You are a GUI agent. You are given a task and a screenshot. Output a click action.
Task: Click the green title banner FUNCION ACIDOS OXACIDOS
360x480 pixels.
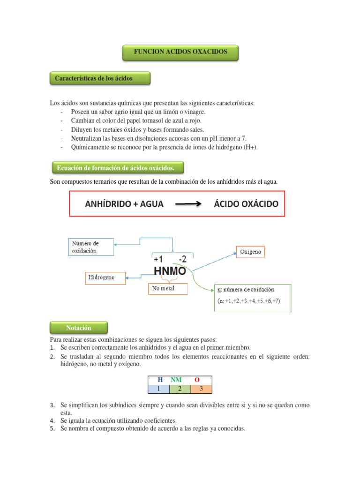180,52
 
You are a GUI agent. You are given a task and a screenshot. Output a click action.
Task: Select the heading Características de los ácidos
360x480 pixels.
100,78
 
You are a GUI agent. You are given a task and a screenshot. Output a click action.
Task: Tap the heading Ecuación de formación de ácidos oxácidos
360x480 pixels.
116,167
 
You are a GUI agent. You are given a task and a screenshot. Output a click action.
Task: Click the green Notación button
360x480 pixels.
78,328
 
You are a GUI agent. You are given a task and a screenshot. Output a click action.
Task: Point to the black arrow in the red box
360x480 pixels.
188,204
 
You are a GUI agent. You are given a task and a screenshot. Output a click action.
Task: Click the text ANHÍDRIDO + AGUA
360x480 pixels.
124,204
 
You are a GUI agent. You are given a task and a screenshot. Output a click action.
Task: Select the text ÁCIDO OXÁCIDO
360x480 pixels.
246,204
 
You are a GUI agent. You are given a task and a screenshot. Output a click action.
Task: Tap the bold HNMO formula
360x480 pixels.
170,271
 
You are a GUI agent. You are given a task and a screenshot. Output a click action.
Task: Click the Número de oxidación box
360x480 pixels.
91,247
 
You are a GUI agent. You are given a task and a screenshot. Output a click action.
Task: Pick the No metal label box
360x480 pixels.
167,289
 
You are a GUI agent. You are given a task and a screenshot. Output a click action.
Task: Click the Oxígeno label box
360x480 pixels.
251,252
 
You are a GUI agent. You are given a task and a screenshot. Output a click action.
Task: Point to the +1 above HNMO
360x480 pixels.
158,259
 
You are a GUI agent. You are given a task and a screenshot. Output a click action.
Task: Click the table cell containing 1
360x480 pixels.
158,389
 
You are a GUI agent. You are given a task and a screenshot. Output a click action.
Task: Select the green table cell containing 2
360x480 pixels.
180,389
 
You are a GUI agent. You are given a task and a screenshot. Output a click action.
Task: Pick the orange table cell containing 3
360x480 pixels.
202,389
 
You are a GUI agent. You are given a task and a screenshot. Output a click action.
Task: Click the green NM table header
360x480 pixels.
177,380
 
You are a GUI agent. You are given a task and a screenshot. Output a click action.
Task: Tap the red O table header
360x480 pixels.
197,380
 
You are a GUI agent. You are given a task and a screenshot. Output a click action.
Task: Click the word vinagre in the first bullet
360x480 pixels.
195,112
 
